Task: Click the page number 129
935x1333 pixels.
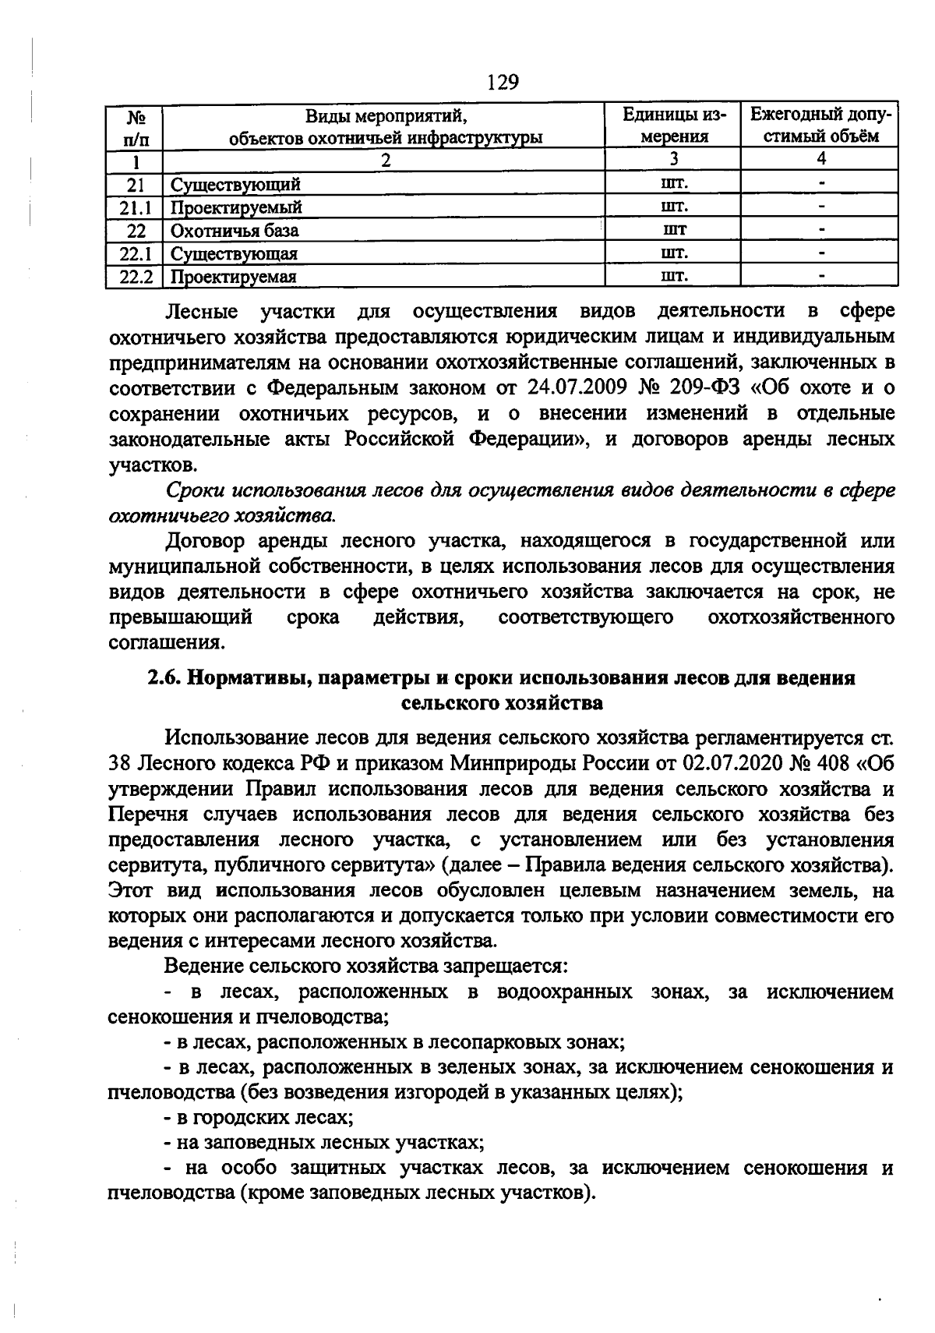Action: click(503, 81)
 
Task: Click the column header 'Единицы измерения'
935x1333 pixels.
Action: click(673, 126)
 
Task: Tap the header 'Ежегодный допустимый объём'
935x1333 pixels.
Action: click(820, 126)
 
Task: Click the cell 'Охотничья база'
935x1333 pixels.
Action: click(235, 231)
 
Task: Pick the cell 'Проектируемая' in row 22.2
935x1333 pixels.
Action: click(234, 277)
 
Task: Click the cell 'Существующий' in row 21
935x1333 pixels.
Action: click(235, 185)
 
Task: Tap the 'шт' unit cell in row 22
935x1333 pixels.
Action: click(673, 231)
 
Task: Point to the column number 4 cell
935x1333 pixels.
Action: click(820, 160)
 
